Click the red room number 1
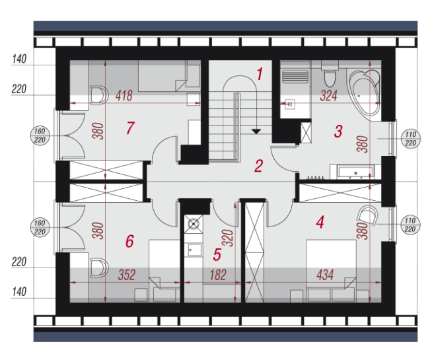click(260, 74)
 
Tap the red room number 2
click(258, 166)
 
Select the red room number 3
click(338, 131)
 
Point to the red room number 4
click(320, 222)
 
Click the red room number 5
click(217, 254)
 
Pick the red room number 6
click(130, 241)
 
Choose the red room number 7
click(130, 128)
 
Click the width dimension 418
click(124, 96)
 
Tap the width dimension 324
click(328, 96)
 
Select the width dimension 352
click(127, 275)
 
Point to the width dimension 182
click(218, 275)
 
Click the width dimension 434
click(325, 275)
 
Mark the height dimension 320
click(228, 238)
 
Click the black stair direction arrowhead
click(256, 131)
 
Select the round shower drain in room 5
click(194, 223)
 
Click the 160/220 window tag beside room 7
click(40, 135)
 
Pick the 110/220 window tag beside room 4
click(410, 225)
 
